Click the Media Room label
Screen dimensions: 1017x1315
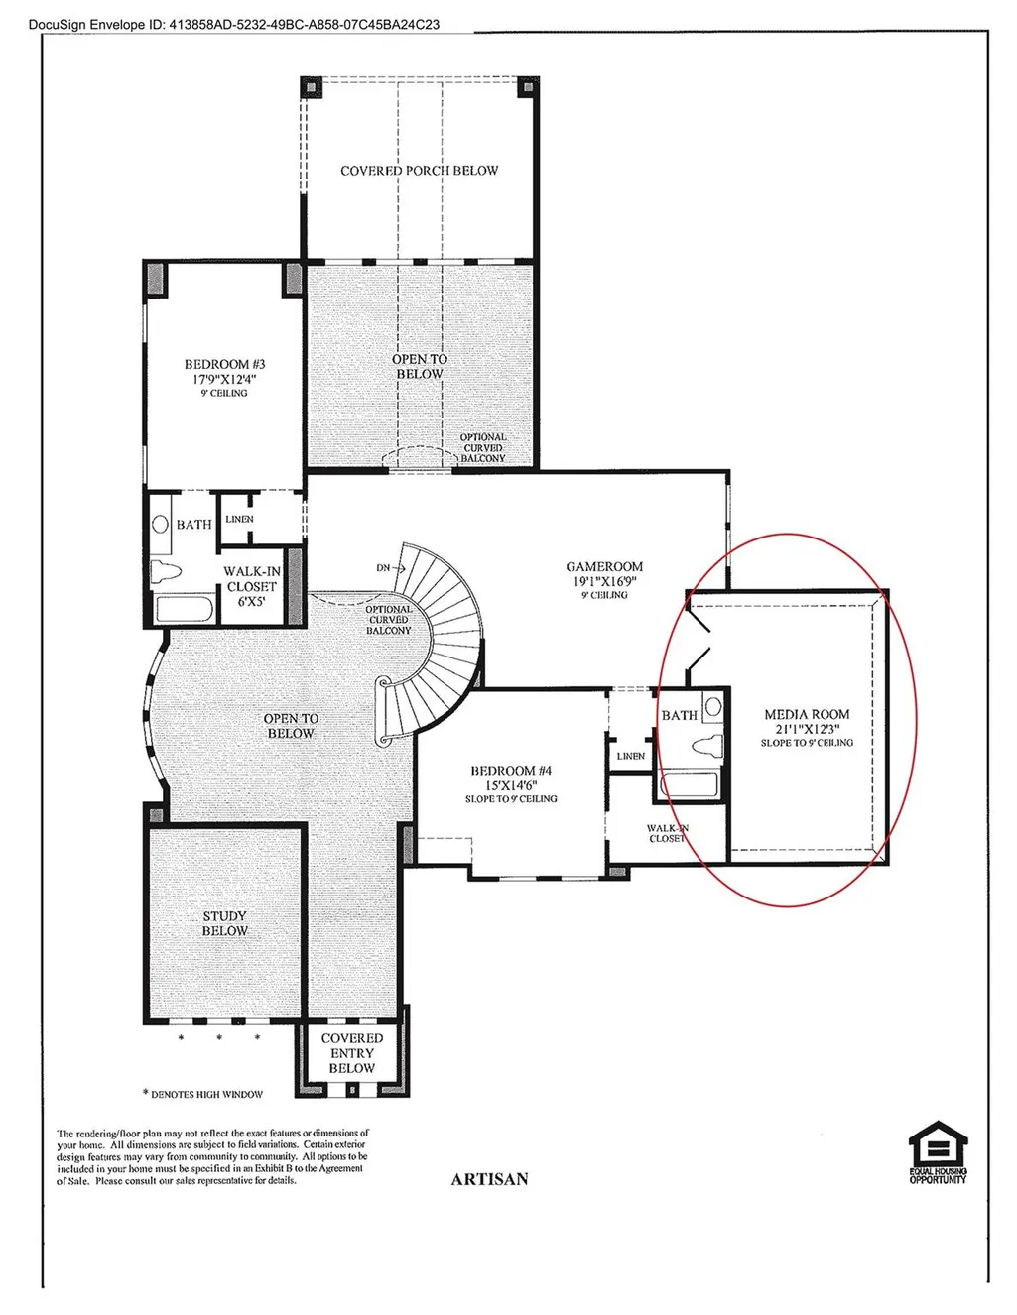[x=807, y=714]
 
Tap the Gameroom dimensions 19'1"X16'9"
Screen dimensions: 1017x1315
[x=604, y=582]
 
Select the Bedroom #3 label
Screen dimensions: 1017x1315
[x=224, y=364]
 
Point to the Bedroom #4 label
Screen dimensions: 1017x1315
[x=511, y=771]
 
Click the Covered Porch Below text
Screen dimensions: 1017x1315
[x=419, y=171]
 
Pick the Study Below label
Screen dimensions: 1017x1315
[x=224, y=923]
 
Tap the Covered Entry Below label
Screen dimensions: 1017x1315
[x=351, y=1053]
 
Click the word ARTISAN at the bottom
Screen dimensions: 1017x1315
[x=489, y=1179]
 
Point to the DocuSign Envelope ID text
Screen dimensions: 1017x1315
[x=234, y=25]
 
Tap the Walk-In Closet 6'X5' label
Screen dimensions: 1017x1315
[x=251, y=586]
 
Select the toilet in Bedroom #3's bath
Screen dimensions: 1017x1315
[x=166, y=570]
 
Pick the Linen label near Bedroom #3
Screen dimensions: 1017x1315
[x=239, y=519]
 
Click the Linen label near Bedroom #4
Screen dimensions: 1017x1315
[x=631, y=756]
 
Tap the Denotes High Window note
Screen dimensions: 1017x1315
[x=202, y=1094]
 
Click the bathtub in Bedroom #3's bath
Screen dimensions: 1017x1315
[x=184, y=609]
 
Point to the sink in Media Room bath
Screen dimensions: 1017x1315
[x=713, y=706]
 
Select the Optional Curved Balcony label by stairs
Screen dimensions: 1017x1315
[x=389, y=620]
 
